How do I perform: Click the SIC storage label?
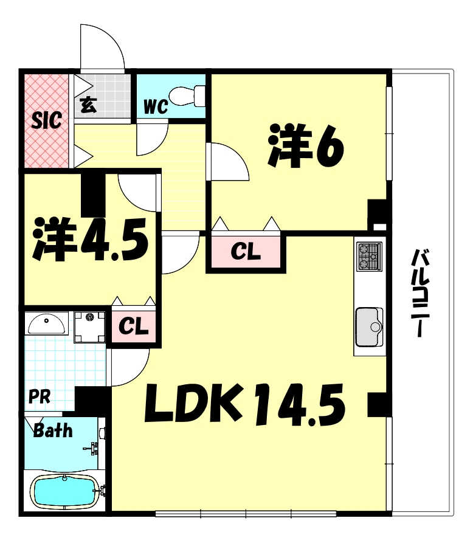47,120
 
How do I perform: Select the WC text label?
155,108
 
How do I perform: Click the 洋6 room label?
306,147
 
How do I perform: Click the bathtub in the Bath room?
64,491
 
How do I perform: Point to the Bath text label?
53,431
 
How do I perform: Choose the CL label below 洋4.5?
133,327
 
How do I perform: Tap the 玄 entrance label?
89,105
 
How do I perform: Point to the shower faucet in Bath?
94,449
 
